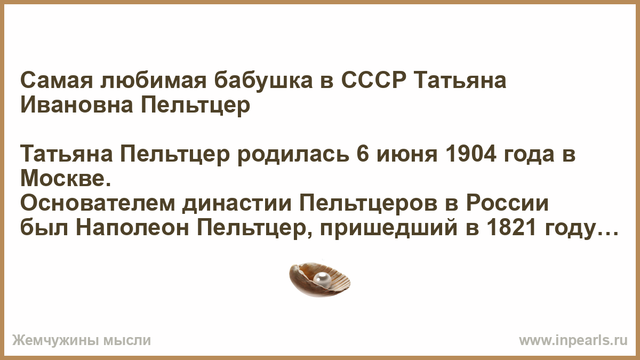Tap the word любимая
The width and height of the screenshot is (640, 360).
click(x=154, y=81)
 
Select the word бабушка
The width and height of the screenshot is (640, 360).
click(x=263, y=81)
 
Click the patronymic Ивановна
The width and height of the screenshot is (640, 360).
click(x=77, y=105)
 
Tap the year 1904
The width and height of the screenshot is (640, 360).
click(x=470, y=155)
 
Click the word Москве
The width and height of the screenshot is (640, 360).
click(x=66, y=179)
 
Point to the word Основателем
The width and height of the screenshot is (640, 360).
click(x=98, y=204)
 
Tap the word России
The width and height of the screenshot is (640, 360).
click(x=508, y=204)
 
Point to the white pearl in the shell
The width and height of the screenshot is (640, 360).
click(x=322, y=279)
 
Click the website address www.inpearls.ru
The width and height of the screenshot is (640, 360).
click(x=573, y=341)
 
